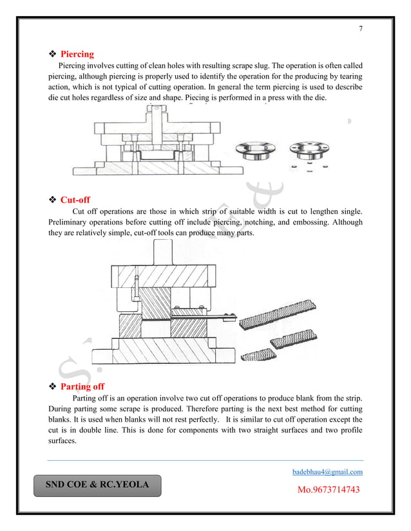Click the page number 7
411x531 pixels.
pyautogui.click(x=361, y=30)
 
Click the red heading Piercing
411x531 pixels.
pyautogui.click(x=77, y=54)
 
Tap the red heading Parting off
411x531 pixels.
pyautogui.click(x=82, y=386)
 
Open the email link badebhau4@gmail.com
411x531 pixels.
pyautogui.click(x=327, y=472)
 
